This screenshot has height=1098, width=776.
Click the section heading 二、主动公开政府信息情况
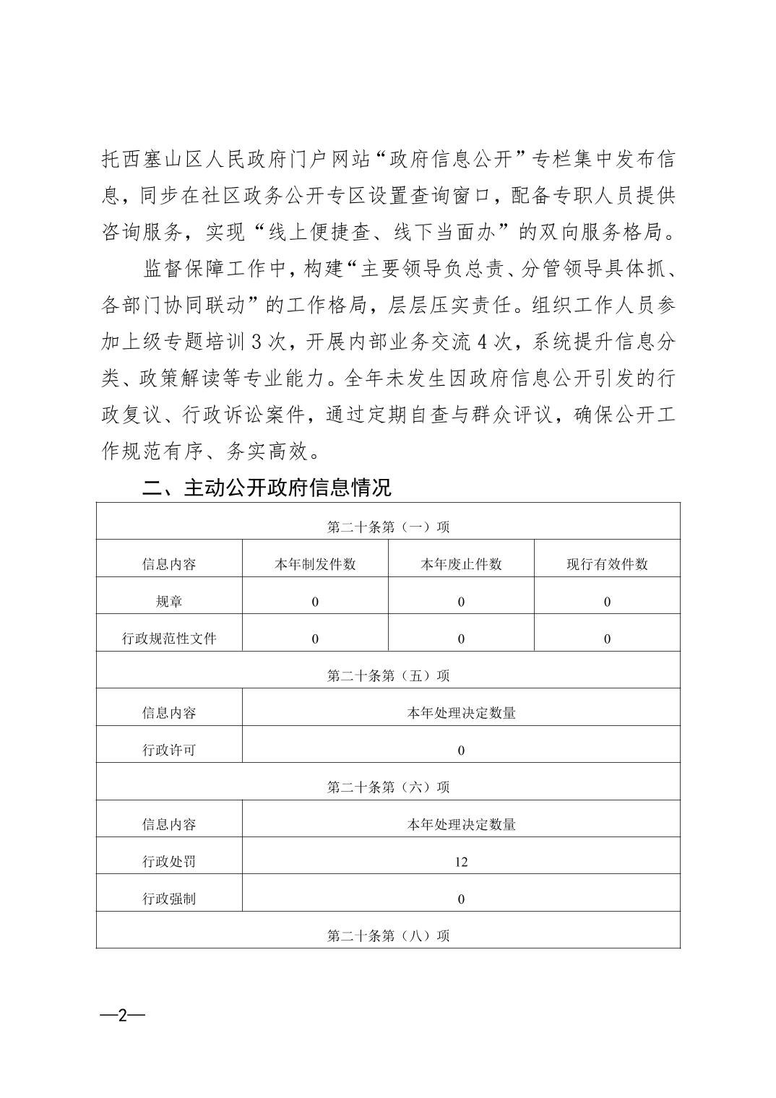click(x=267, y=488)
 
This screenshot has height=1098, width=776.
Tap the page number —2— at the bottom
click(x=123, y=1015)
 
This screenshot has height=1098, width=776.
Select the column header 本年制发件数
click(x=315, y=564)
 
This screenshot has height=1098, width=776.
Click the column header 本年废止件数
click(x=461, y=564)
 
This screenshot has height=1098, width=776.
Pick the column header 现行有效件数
click(x=607, y=564)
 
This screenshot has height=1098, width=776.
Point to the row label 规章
click(x=169, y=602)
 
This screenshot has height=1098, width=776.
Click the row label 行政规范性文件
click(x=169, y=639)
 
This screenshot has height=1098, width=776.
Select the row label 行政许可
click(x=169, y=750)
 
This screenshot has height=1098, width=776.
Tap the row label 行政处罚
click(x=169, y=862)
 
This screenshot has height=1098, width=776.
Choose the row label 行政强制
click(x=169, y=899)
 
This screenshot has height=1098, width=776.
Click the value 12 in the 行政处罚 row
click(x=461, y=862)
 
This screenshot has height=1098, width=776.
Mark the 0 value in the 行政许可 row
click(x=461, y=751)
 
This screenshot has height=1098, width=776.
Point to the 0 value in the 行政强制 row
click(x=461, y=899)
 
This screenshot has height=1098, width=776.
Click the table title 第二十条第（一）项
click(x=388, y=527)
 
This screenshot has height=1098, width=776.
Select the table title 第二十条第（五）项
click(x=388, y=675)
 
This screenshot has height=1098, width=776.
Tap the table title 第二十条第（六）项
click(x=388, y=787)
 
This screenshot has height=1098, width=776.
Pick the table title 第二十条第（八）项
click(x=388, y=935)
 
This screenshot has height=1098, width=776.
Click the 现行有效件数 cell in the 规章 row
click(x=607, y=602)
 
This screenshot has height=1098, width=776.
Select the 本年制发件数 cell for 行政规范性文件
click(x=315, y=639)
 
